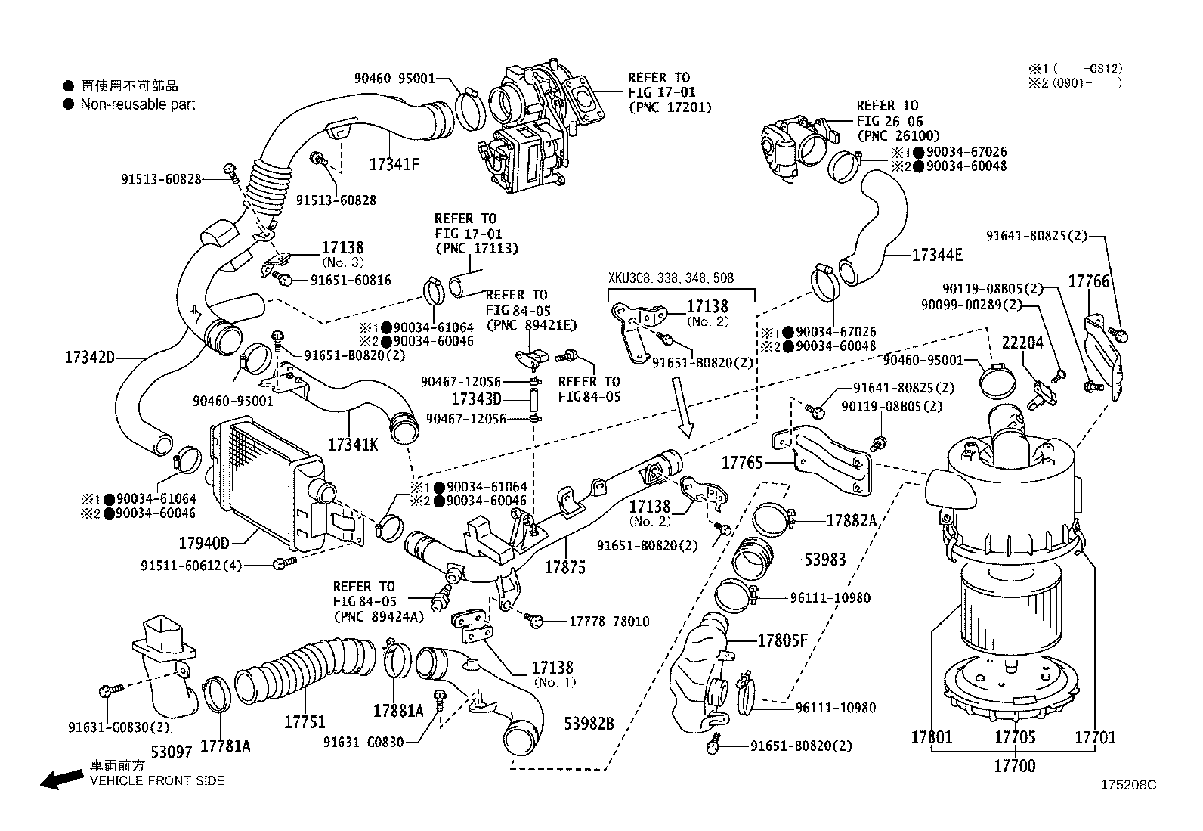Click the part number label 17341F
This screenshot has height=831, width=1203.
[394, 163]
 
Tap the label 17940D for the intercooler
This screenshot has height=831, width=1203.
[203, 543]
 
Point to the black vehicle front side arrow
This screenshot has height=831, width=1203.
[61, 780]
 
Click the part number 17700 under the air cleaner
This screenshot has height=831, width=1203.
[1014, 766]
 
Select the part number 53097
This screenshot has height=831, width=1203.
[172, 752]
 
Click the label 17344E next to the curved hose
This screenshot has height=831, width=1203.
[937, 255]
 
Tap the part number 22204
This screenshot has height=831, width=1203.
[1022, 343]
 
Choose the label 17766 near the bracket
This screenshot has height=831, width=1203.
[1088, 281]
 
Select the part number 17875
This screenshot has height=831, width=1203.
[564, 566]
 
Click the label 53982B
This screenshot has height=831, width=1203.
[589, 724]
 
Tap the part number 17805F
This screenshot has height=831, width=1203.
[783, 641]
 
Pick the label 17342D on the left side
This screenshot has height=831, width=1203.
[89, 356]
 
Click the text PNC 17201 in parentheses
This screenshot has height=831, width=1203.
[670, 108]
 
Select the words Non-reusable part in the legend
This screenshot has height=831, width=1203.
[138, 104]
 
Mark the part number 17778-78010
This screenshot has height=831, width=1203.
[608, 622]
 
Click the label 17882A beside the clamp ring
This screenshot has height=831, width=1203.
[851, 520]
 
